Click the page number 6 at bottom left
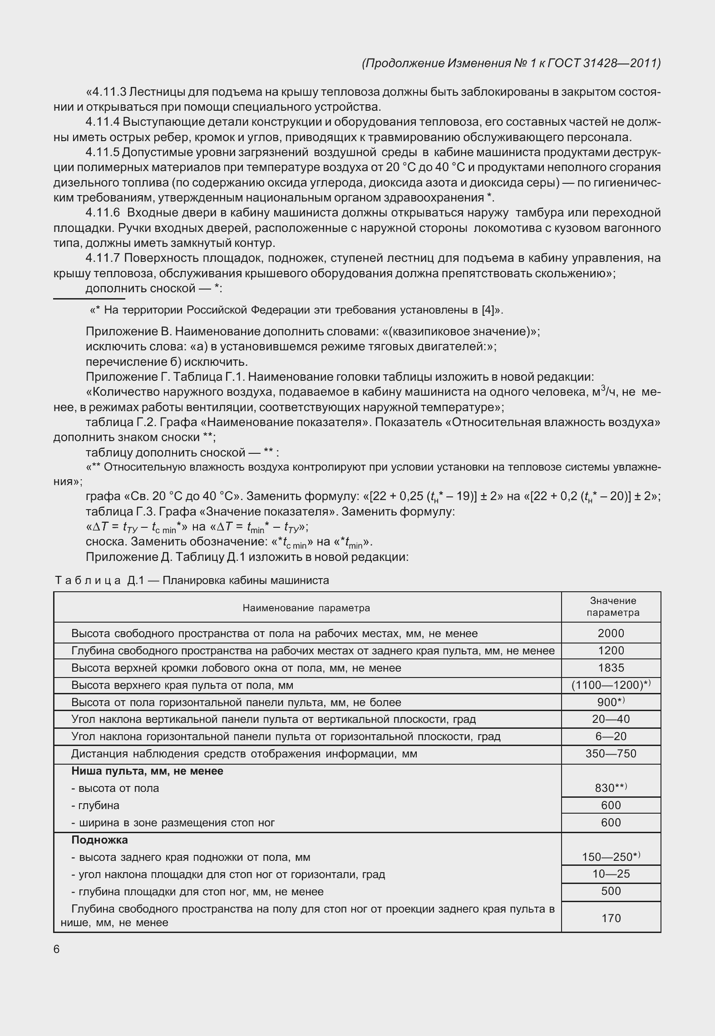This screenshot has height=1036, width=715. coord(56,949)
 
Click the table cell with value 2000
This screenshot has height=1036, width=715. coord(611,633)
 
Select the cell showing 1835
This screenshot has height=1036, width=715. coord(611,668)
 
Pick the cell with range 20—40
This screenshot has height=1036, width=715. coord(611,719)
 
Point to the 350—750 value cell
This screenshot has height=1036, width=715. coord(611,754)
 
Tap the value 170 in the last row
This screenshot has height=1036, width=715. coord(611,918)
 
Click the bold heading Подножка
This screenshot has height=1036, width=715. coord(99,840)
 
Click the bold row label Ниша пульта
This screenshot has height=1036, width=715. coord(147,771)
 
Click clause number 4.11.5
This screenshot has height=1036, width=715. coord(102,152)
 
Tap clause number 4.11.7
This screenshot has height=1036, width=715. coord(102,258)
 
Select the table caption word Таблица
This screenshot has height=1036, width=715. coord(88,580)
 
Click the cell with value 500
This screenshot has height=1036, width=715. coord(611,891)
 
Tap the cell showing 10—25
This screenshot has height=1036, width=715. coord(611,874)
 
